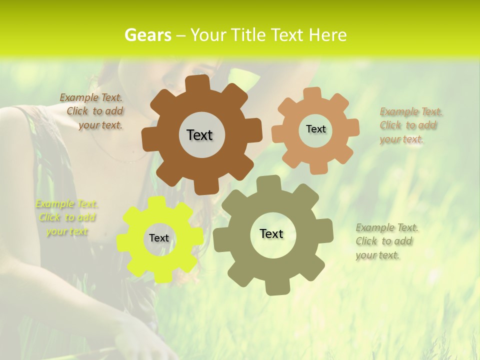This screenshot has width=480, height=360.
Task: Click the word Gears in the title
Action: [x=147, y=35]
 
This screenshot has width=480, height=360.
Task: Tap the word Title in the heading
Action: [x=248, y=35]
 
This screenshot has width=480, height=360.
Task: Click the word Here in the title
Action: [x=327, y=35]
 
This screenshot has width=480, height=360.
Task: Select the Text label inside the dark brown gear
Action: [x=199, y=135]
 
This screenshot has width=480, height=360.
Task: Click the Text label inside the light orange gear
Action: [x=315, y=129]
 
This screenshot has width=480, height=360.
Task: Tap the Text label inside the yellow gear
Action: [x=159, y=238]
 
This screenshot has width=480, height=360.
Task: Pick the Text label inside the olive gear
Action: [x=271, y=233]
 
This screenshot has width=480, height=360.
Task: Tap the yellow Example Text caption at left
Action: [x=67, y=217]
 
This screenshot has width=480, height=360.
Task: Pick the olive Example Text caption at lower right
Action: [x=387, y=241]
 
